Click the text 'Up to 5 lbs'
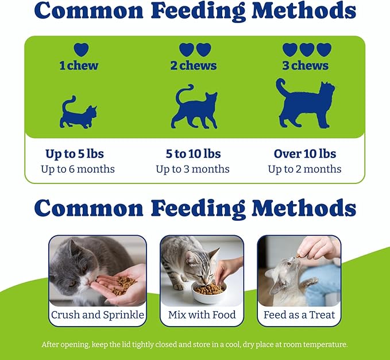(x=75, y=154)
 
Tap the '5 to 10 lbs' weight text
(x=192, y=154)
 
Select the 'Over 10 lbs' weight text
(x=305, y=154)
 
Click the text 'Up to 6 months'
(x=78, y=169)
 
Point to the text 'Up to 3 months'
(x=192, y=169)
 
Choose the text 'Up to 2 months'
(x=305, y=169)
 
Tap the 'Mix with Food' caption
(x=202, y=315)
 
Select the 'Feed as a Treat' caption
(x=299, y=315)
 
